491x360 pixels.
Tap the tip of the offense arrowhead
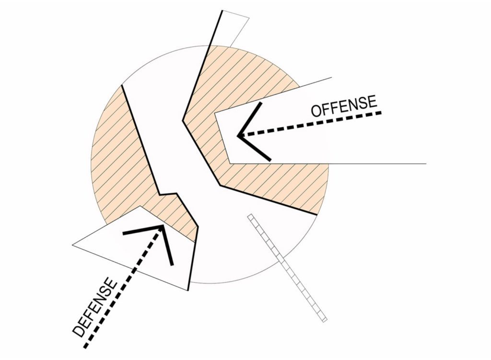pyautogui.click(x=238, y=136)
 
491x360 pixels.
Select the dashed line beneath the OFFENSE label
pyautogui.click(x=312, y=124)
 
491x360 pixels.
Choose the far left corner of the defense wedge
pyautogui.click(x=73, y=245)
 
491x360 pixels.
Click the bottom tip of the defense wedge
pyautogui.click(x=187, y=290)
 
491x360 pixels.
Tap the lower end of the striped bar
pyautogui.click(x=324, y=319)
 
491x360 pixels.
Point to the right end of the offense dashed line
pyautogui.click(x=381, y=113)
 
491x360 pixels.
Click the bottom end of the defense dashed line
pyautogui.click(x=85, y=346)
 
